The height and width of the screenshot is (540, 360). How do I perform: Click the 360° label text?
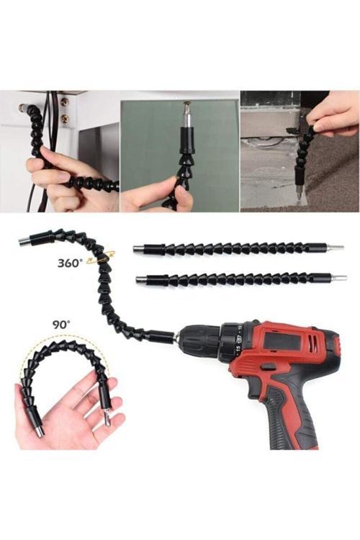point(71,263)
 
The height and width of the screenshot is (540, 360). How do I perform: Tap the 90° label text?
point(61,325)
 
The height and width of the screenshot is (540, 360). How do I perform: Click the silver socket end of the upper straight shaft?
point(138,248)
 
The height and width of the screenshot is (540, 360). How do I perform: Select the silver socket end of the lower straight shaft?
point(141,279)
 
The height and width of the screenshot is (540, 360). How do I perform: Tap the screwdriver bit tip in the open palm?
point(108,418)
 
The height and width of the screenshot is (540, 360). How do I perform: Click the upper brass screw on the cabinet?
point(65,102)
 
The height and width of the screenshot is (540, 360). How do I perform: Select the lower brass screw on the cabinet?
point(65,120)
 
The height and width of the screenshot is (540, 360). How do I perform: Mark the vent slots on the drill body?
point(312,342)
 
